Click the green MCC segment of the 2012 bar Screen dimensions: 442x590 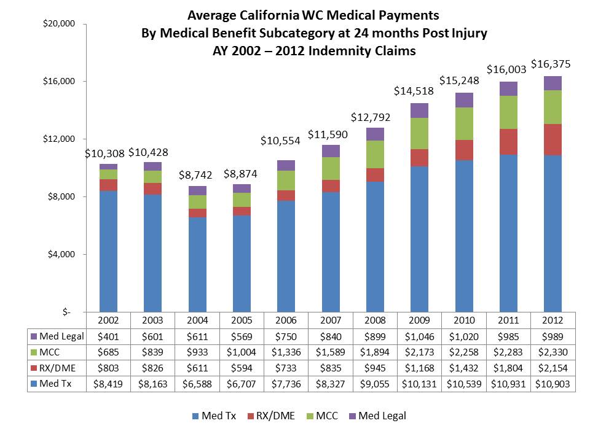553,107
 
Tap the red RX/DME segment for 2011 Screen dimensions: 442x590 508,142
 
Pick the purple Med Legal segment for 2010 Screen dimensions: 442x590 464,100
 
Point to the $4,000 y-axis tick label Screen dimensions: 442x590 60,254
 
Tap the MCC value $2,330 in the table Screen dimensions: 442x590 553,352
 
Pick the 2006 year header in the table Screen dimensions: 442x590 286,320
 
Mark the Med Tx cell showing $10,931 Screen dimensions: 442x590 508,384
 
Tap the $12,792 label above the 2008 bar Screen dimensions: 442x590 371,117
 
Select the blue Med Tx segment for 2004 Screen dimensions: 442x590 197,264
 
